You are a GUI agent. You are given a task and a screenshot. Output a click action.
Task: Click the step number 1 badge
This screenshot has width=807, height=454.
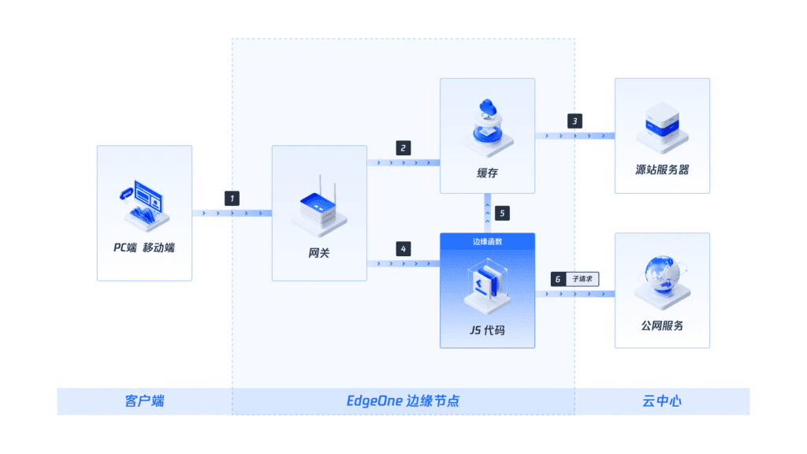tap(232, 198)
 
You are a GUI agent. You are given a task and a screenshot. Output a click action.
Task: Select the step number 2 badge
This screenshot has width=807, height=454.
tap(403, 147)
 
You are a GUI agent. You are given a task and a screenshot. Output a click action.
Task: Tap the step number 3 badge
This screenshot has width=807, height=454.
tap(575, 121)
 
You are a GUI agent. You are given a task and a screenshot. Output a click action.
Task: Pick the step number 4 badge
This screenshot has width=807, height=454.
tap(403, 248)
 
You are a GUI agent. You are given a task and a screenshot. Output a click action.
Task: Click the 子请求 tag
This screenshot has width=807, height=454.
tap(583, 279)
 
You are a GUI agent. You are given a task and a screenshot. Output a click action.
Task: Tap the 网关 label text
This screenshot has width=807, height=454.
tap(319, 253)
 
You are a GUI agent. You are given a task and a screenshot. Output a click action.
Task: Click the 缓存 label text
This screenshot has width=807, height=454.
tap(487, 173)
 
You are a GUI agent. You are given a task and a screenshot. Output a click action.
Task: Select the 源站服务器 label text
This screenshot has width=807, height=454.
tap(662, 169)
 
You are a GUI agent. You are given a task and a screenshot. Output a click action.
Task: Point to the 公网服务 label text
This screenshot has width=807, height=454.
tap(662, 324)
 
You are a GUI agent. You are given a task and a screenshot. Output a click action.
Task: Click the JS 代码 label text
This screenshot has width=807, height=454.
tap(486, 330)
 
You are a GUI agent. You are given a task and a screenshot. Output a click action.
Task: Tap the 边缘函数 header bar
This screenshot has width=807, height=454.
tap(487, 241)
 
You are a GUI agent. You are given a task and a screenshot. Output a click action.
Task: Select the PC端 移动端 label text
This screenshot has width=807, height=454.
tap(144, 247)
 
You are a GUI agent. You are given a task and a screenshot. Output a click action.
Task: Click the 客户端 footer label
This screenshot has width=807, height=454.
tap(144, 401)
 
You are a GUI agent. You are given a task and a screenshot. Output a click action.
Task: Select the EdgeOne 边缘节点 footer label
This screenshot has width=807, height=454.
tap(403, 401)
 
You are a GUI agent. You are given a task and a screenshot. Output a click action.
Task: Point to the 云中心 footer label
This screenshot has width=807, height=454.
tap(662, 401)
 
